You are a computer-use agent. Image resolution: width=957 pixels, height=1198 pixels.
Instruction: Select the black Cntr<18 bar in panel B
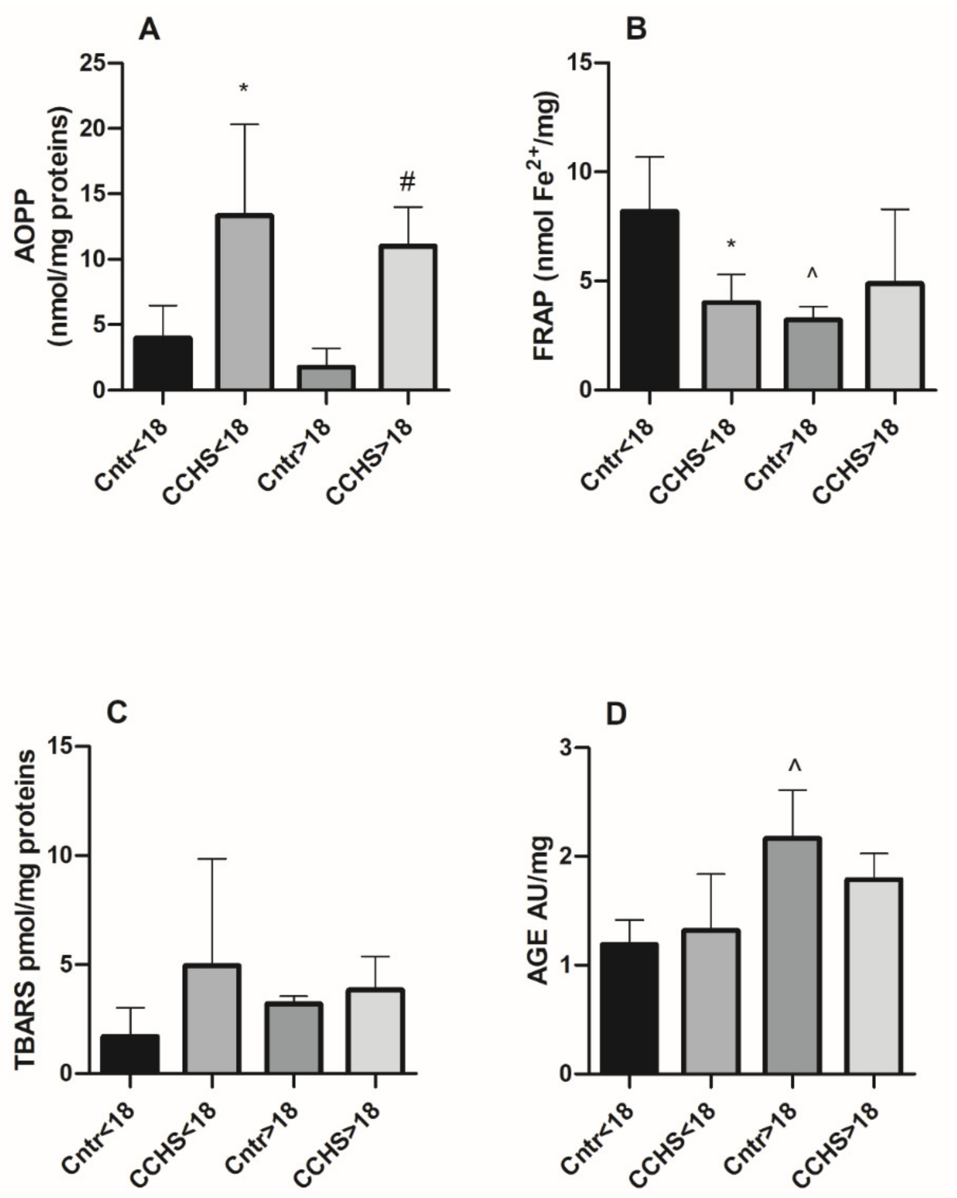coord(650,300)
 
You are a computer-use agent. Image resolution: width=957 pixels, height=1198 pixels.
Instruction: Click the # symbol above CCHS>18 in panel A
coord(407,182)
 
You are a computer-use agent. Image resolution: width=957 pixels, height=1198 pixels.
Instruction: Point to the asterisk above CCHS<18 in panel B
coord(731,244)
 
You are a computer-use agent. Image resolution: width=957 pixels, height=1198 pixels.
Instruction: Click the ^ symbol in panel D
coord(795,767)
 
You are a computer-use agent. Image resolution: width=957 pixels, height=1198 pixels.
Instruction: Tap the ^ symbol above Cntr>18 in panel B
coord(812,273)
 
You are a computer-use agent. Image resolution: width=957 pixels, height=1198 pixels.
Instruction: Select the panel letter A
coord(149,29)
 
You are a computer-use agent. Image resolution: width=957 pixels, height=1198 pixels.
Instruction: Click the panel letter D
coord(616,714)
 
